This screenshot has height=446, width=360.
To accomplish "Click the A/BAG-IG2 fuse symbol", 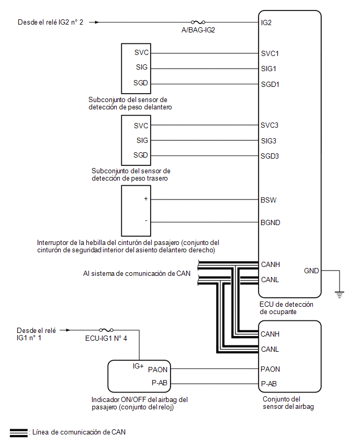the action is pos(198,22).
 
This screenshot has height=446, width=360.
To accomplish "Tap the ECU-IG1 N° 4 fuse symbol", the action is pos(106,330).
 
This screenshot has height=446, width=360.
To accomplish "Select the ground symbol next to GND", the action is pos(340,294).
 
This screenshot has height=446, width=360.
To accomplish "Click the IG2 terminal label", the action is pos(266,23).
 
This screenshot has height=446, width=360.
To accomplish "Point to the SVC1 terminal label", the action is pos(270,53).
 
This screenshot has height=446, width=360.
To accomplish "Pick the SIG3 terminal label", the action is pos(269,141).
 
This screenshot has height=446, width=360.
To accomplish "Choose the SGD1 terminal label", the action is pos(270,84).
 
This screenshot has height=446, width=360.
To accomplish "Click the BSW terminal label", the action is pos(268,200).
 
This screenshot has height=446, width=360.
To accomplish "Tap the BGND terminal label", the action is pos(271,222).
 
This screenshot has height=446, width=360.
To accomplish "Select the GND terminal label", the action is pos(311,271).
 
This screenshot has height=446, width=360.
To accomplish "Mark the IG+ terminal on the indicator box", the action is pos(138,366).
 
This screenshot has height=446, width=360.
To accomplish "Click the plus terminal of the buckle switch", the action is pos(146,198).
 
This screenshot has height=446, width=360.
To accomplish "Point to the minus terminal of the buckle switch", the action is pos(146,221).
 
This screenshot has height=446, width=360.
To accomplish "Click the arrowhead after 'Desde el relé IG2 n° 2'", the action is pos(97,22).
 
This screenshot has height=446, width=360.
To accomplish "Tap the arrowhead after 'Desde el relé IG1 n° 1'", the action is pos(68,330).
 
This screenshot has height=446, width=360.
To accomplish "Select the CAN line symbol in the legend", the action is pos(19,432).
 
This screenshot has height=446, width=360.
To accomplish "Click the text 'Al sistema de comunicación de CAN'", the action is pos(137,273).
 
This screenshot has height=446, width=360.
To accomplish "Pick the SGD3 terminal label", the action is pos(270,156).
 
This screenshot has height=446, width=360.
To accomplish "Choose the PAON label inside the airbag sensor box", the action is pos(270,369).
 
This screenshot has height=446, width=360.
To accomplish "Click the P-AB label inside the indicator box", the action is pos(160,383).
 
